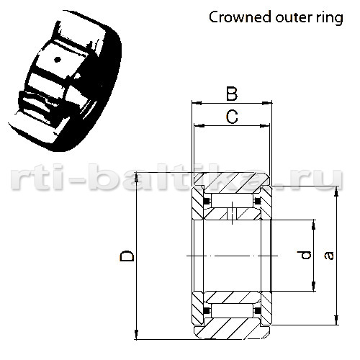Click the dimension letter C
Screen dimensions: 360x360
pos(232,117)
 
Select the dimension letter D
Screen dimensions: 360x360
pos(127,256)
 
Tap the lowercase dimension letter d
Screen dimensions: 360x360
pos(305,255)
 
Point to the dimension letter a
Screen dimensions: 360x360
pos(328,256)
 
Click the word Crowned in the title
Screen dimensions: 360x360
pos(240,17)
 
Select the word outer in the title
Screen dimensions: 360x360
pos(294,18)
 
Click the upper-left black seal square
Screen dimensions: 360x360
pos(206,201)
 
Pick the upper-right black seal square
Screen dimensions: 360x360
pos(258,201)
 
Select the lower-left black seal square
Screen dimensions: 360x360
pos(206,310)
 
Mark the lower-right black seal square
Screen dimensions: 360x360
pos(258,310)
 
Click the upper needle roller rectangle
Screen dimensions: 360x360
pos(232,201)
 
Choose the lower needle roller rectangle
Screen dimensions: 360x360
pos(232,310)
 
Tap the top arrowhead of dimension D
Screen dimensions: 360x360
pos(136,178)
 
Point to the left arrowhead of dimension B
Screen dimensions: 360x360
pos(197,103)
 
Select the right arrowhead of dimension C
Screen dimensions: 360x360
pos(265,125)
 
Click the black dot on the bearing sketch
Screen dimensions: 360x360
pos(57,60)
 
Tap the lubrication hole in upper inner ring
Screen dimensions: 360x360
pos(232,214)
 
